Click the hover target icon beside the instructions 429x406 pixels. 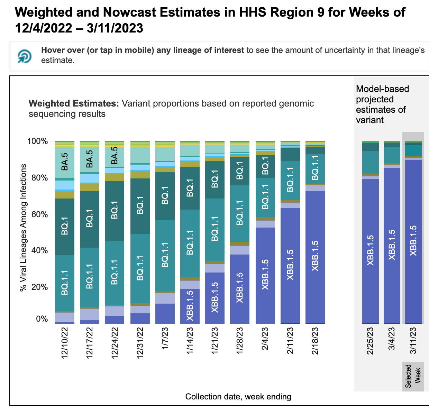click(25, 56)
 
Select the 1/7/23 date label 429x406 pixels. click(165, 339)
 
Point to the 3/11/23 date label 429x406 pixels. click(413, 341)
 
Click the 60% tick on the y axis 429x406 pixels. click(38, 214)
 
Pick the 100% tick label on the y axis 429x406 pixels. click(37, 141)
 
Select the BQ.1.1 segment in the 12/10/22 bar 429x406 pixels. click(65, 283)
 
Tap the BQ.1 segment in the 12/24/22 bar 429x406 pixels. click(115, 211)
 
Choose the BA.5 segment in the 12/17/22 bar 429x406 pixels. click(90, 159)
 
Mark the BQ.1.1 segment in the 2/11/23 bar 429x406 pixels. click(290, 180)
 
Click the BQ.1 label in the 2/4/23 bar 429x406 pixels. click(265, 166)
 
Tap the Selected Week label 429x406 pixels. click(413, 376)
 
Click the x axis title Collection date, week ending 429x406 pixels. click(238, 397)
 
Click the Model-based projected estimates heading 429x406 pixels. click(382, 104)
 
